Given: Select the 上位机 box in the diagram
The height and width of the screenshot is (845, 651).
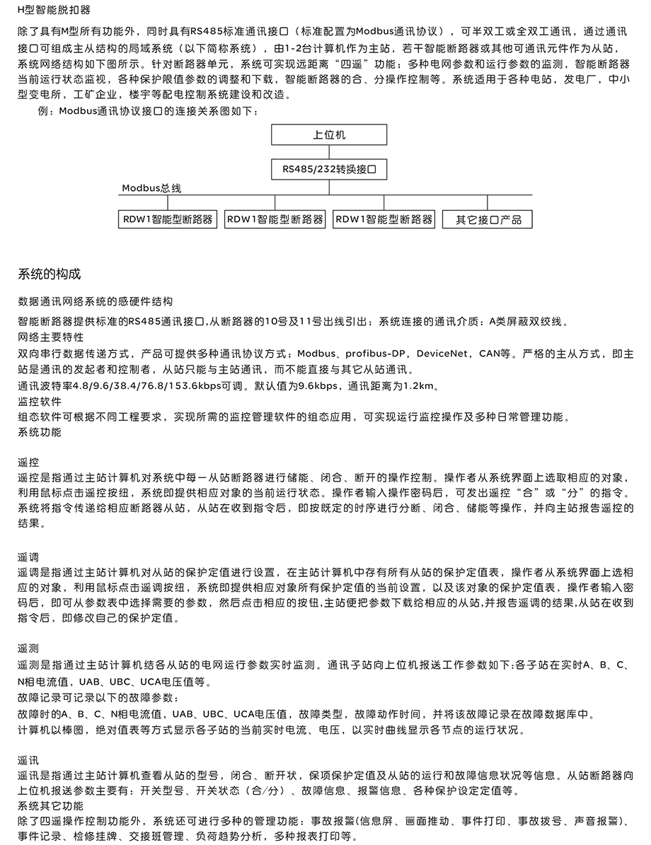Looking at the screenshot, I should click(x=329, y=134).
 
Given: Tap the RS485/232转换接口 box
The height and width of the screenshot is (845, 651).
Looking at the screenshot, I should click(x=329, y=170).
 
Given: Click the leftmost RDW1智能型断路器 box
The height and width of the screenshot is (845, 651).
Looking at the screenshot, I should click(x=167, y=219).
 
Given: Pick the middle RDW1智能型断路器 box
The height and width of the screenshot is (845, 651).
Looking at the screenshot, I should click(x=275, y=219).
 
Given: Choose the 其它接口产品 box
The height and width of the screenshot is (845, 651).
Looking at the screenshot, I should click(x=488, y=220).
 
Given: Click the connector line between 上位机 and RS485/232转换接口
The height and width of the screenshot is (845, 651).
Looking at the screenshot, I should click(x=329, y=152).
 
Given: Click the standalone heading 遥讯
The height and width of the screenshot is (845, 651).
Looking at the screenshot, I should click(x=28, y=761).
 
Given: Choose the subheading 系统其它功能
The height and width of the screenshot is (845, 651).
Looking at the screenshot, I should click(x=51, y=806).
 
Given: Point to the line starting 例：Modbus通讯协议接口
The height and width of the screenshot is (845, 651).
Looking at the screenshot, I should click(x=148, y=111).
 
